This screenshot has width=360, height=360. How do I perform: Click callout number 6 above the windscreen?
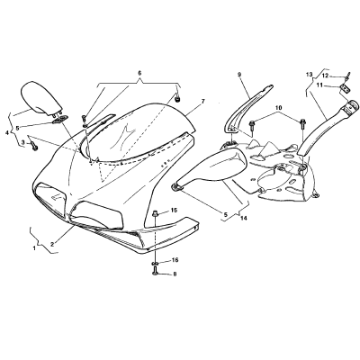139,73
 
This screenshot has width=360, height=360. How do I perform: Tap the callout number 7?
203,102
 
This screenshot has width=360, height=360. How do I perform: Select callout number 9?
239,74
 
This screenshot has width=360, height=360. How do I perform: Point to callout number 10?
279,107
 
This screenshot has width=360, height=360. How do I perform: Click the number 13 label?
310,74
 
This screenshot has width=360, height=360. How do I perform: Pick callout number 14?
243,219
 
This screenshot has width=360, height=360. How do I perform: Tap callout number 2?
52,244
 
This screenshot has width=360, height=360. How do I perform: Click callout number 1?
34,248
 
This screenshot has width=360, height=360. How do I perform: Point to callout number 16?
175,260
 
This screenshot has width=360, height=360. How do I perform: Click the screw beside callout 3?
34,147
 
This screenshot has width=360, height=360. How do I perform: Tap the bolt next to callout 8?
155,271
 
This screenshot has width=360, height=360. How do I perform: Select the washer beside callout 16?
155,264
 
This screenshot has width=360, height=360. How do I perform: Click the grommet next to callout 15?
156,214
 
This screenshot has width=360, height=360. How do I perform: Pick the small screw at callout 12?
348,76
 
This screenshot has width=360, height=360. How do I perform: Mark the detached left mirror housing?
41,98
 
